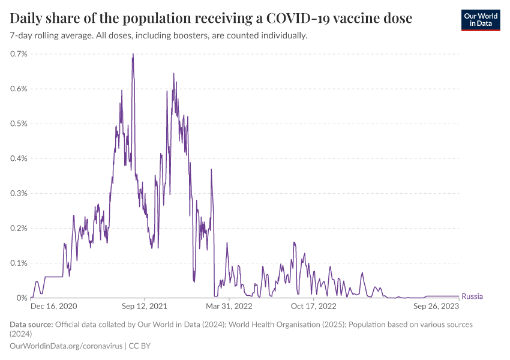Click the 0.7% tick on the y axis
point(19,54)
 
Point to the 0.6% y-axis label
point(19,89)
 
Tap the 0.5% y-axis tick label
point(19,124)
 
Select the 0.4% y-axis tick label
point(19,158)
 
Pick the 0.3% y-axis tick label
point(19,193)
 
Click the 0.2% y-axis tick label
point(19,228)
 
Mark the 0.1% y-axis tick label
point(19,263)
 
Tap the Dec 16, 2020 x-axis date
point(54,306)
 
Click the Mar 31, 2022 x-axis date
point(230,306)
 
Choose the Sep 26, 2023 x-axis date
point(436,306)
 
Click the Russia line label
point(472,296)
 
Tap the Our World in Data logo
point(481,20)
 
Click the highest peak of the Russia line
point(133,55)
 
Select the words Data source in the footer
point(31,325)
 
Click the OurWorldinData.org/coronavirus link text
point(66,346)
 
